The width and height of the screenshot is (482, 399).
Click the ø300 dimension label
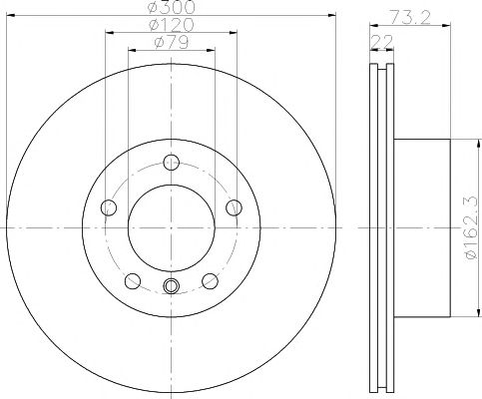[x=171, y=7]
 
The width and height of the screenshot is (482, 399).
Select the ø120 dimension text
[x=171, y=25]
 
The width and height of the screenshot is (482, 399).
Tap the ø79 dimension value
[x=172, y=42]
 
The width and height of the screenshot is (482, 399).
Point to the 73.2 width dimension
[x=410, y=17]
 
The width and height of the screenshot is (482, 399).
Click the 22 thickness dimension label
[x=382, y=42]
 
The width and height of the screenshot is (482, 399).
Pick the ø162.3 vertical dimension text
[x=472, y=228]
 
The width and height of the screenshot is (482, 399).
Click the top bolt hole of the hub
[x=172, y=163]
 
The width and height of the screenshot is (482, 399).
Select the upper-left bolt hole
[x=109, y=207]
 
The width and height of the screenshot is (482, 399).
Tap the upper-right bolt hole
[x=234, y=207]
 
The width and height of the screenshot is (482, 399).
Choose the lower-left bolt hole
[x=133, y=281]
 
